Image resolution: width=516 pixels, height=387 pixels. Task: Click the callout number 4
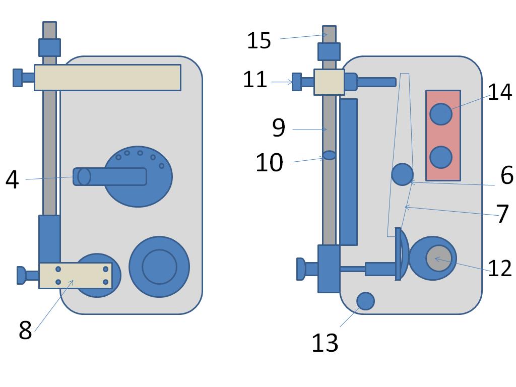[12, 180]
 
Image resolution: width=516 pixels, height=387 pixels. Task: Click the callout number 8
[25, 331]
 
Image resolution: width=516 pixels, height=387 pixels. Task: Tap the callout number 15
[259, 40]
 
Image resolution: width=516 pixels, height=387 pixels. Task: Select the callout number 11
[255, 80]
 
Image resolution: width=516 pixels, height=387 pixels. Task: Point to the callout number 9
[279, 128]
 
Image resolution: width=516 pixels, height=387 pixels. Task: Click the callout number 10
[269, 163]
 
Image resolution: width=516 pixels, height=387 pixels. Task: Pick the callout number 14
[500, 92]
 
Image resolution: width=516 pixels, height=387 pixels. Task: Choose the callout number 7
[503, 214]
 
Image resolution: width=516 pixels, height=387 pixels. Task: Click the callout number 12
[500, 269]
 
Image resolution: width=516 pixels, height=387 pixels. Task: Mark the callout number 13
[325, 343]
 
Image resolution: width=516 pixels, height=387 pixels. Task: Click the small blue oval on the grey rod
[329, 155]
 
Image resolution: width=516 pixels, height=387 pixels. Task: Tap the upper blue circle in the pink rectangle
[441, 114]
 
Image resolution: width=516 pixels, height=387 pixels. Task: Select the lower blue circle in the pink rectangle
[441, 157]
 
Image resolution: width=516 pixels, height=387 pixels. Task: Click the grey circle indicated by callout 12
[438, 258]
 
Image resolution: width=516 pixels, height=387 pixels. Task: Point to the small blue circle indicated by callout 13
[365, 301]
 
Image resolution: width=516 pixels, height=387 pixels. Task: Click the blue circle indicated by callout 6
[402, 174]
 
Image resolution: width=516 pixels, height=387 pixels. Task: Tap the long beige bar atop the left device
[107, 78]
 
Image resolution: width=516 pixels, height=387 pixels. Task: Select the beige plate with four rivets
[76, 276]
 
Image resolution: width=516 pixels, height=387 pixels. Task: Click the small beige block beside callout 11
[329, 82]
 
